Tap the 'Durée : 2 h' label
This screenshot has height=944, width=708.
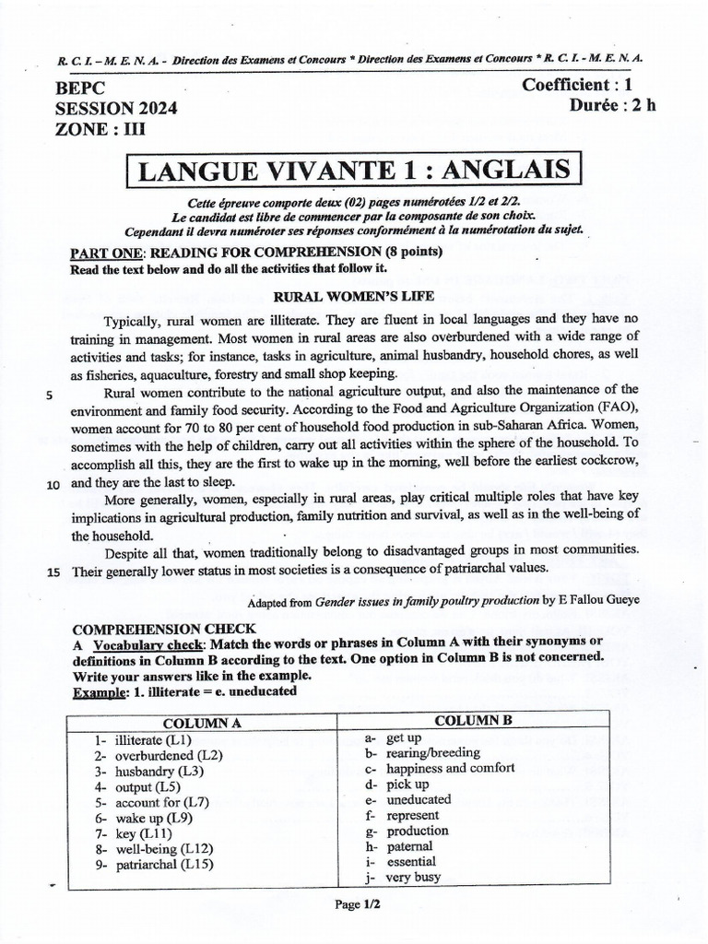coord(613,105)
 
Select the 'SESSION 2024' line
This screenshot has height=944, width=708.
coord(117,109)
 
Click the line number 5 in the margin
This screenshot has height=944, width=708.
coord(50,395)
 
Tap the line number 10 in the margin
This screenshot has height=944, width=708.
coord(53,484)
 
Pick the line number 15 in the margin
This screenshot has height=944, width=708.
coord(53,572)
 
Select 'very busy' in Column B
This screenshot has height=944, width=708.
coord(413,878)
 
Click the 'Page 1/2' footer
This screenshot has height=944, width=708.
coord(358,904)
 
